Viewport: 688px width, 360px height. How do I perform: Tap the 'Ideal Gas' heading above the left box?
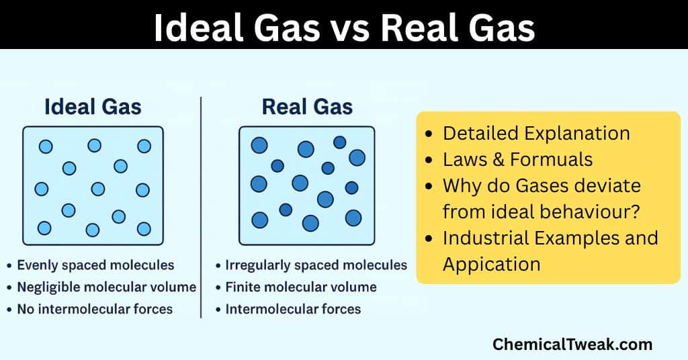pos(93,107)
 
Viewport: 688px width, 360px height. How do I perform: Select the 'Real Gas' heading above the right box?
pos(307,107)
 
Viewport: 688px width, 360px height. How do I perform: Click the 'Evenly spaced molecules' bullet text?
pos(95,265)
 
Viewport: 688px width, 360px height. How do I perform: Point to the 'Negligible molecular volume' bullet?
pos(106,287)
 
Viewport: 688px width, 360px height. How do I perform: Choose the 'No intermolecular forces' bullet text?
pos(95,310)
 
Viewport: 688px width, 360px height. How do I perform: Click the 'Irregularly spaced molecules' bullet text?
pos(316,265)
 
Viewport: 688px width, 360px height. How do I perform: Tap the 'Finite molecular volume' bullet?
pos(301,287)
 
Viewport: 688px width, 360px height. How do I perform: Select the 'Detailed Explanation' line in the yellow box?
pos(536,133)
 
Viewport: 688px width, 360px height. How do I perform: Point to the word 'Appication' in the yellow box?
pos(491,264)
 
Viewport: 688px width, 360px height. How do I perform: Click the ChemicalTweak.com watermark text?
pos(572,345)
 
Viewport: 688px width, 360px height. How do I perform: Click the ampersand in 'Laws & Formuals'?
pos(498,159)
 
